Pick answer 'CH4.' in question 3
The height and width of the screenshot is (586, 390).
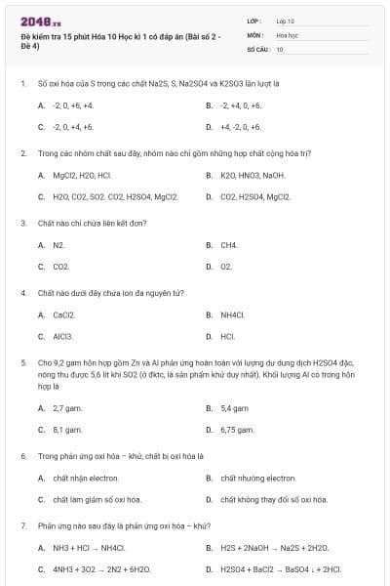click(x=229, y=245)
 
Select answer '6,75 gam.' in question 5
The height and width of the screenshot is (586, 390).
click(x=238, y=429)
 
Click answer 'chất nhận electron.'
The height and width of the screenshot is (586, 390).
click(x=86, y=478)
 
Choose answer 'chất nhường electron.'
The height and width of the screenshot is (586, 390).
click(x=258, y=478)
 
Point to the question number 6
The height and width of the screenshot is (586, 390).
click(x=22, y=455)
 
